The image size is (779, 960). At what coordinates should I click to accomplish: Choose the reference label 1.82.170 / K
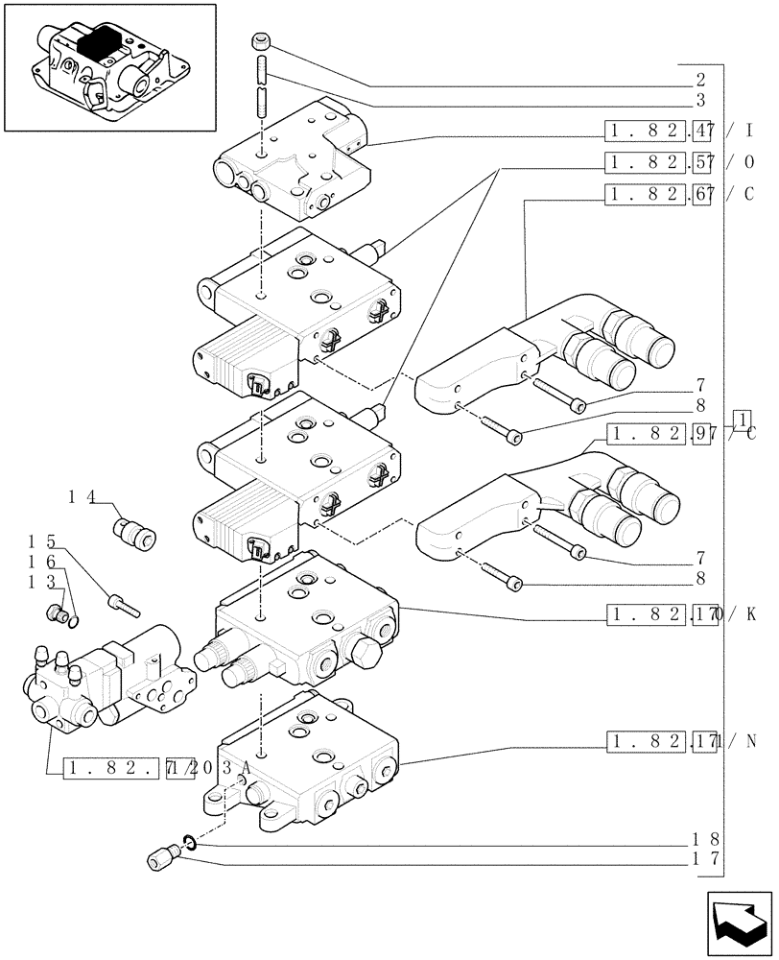(x=681, y=612)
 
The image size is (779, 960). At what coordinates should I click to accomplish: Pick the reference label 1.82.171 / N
(x=681, y=740)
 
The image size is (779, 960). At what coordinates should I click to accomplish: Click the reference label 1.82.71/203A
(x=158, y=769)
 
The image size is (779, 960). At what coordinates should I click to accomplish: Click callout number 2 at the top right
(x=700, y=80)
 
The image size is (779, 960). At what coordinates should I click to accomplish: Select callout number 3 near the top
(x=700, y=99)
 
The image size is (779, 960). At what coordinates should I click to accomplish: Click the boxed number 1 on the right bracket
(x=741, y=419)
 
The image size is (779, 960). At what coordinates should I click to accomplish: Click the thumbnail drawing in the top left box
(x=108, y=66)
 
